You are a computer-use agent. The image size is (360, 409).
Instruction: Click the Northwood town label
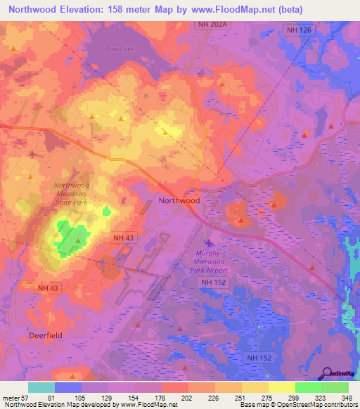(179, 200)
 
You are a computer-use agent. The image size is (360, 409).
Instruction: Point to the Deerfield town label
(46, 335)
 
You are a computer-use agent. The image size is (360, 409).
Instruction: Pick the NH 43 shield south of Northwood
(123, 238)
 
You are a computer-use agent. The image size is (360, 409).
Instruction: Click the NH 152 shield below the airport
(213, 282)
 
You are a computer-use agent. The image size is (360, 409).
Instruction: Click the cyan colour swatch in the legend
(41, 387)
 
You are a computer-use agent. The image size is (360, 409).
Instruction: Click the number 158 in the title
(122, 9)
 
